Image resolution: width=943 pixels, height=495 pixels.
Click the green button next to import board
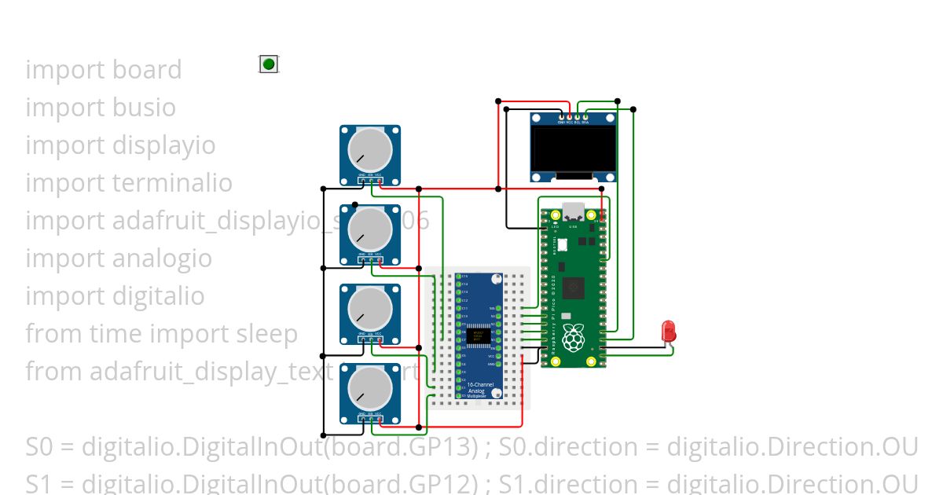click(269, 64)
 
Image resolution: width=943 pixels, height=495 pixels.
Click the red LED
click(669, 330)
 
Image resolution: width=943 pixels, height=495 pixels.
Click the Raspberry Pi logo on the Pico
click(573, 337)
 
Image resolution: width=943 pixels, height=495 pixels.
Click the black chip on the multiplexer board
click(479, 336)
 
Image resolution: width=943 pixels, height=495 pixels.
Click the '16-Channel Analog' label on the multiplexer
click(476, 388)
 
